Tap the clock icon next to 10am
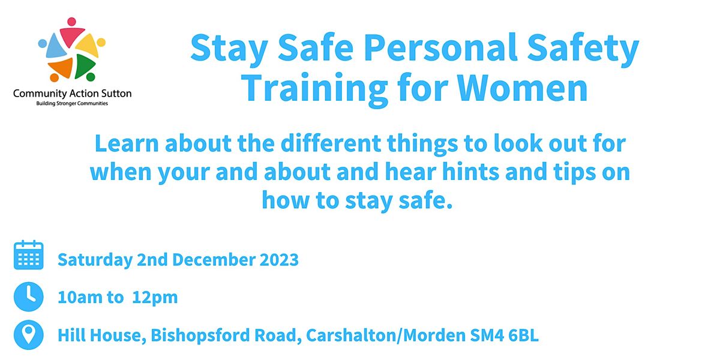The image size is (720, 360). (28, 297)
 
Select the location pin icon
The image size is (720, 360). (28, 335)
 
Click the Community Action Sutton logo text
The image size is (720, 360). (73, 94)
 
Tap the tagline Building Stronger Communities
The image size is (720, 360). (73, 103)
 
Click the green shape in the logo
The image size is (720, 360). (86, 64)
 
